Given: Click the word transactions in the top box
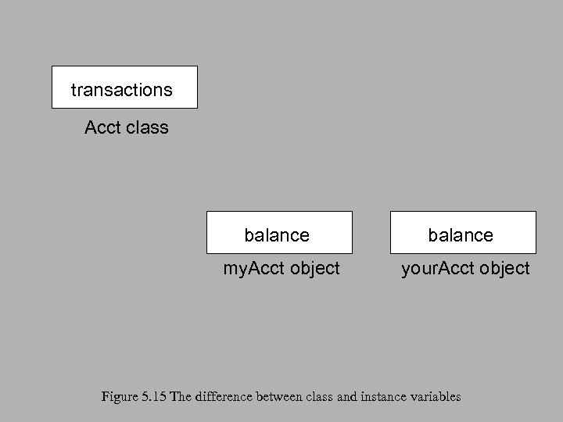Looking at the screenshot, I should [121, 90].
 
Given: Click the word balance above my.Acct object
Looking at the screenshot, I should [277, 235].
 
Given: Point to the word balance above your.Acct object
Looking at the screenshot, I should [461, 235].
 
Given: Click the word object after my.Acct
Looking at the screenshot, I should [314, 269].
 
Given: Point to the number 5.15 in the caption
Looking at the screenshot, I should [153, 397].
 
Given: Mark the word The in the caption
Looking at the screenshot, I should [180, 397].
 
